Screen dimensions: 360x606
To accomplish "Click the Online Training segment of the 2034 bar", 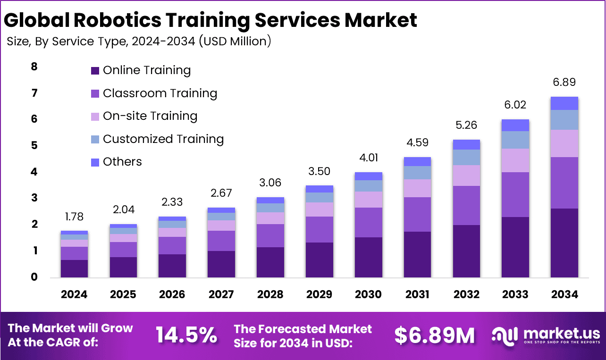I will point(564,243).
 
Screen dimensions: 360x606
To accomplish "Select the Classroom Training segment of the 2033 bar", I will point(515,194).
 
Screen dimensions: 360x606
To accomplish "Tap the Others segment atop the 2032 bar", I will point(466,144).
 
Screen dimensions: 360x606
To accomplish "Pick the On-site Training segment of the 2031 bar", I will point(417,188).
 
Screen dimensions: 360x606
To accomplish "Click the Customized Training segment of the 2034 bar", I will point(564,120).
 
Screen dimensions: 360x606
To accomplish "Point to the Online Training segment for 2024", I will point(74,268).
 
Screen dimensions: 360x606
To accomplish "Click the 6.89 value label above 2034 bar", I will point(564,83).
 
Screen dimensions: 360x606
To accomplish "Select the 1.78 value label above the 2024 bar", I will point(74,217).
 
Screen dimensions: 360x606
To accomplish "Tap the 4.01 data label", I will point(368,158).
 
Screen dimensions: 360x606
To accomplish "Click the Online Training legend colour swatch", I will point(95,71).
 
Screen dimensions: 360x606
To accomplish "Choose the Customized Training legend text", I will point(163,139).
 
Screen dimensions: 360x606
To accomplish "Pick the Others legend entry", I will point(122,162).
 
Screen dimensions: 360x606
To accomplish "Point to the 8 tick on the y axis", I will point(34,67).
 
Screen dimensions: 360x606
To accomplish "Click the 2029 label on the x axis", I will point(319,294).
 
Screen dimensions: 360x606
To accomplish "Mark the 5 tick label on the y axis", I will point(34,145).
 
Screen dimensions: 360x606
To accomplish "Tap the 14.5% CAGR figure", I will point(187,335).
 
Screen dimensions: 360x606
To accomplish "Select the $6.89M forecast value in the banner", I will point(434,335).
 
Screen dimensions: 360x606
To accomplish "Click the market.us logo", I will point(546,335).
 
